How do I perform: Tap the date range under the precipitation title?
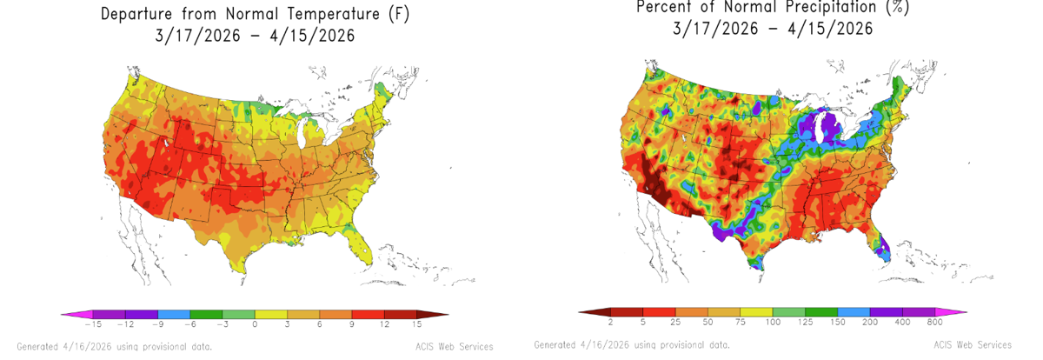(x=773, y=29)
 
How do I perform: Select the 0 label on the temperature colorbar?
(x=255, y=324)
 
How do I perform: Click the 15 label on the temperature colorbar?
(x=416, y=324)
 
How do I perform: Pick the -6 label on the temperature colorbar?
(x=190, y=324)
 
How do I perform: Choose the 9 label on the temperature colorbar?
(x=352, y=324)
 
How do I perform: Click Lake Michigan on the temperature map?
(x=302, y=135)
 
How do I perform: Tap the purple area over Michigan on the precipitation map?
(x=830, y=126)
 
